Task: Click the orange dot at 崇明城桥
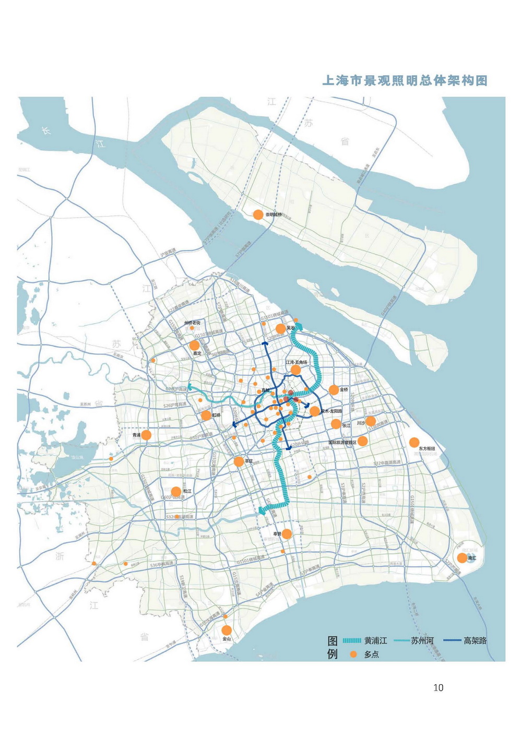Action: [258, 215]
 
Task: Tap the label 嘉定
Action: [197, 353]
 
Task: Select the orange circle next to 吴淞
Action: [281, 328]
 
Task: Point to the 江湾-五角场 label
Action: [296, 362]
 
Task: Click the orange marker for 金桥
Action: [334, 390]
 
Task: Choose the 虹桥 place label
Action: [217, 415]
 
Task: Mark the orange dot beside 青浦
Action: [146, 435]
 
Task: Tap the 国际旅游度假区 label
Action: [342, 443]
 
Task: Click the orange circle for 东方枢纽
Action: [414, 443]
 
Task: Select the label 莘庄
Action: [249, 461]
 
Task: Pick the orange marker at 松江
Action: [176, 492]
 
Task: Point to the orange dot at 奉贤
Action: [287, 533]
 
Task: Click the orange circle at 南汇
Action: [462, 558]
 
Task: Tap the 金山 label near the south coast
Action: [227, 639]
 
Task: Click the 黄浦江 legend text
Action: [376, 640]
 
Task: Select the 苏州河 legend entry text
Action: [422, 640]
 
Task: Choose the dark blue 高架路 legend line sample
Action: [452, 640]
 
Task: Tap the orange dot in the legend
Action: [353, 654]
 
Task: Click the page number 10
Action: [438, 688]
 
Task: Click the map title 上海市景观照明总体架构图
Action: [405, 81]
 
